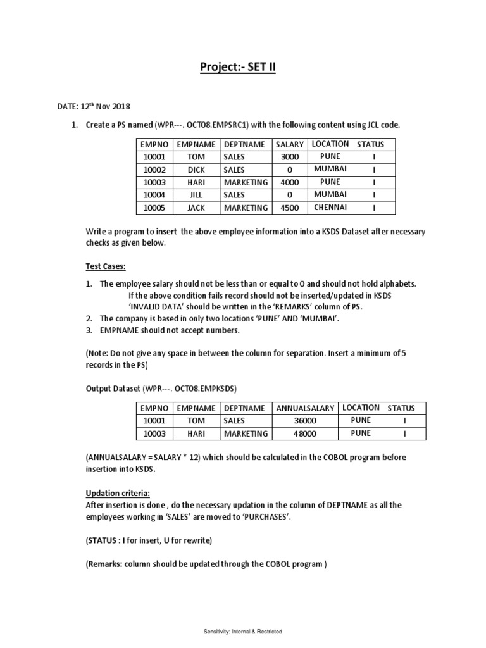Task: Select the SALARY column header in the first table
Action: [x=289, y=145]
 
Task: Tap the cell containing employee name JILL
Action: [x=197, y=196]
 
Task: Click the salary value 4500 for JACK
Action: [x=289, y=208]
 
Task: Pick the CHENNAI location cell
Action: [x=331, y=208]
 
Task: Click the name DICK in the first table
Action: [x=197, y=170]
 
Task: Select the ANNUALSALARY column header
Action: [x=305, y=409]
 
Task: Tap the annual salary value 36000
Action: [x=305, y=421]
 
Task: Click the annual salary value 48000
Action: [x=305, y=434]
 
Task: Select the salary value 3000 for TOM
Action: [x=289, y=157]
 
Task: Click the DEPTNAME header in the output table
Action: [x=244, y=409]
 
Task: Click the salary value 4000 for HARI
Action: [x=289, y=183]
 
